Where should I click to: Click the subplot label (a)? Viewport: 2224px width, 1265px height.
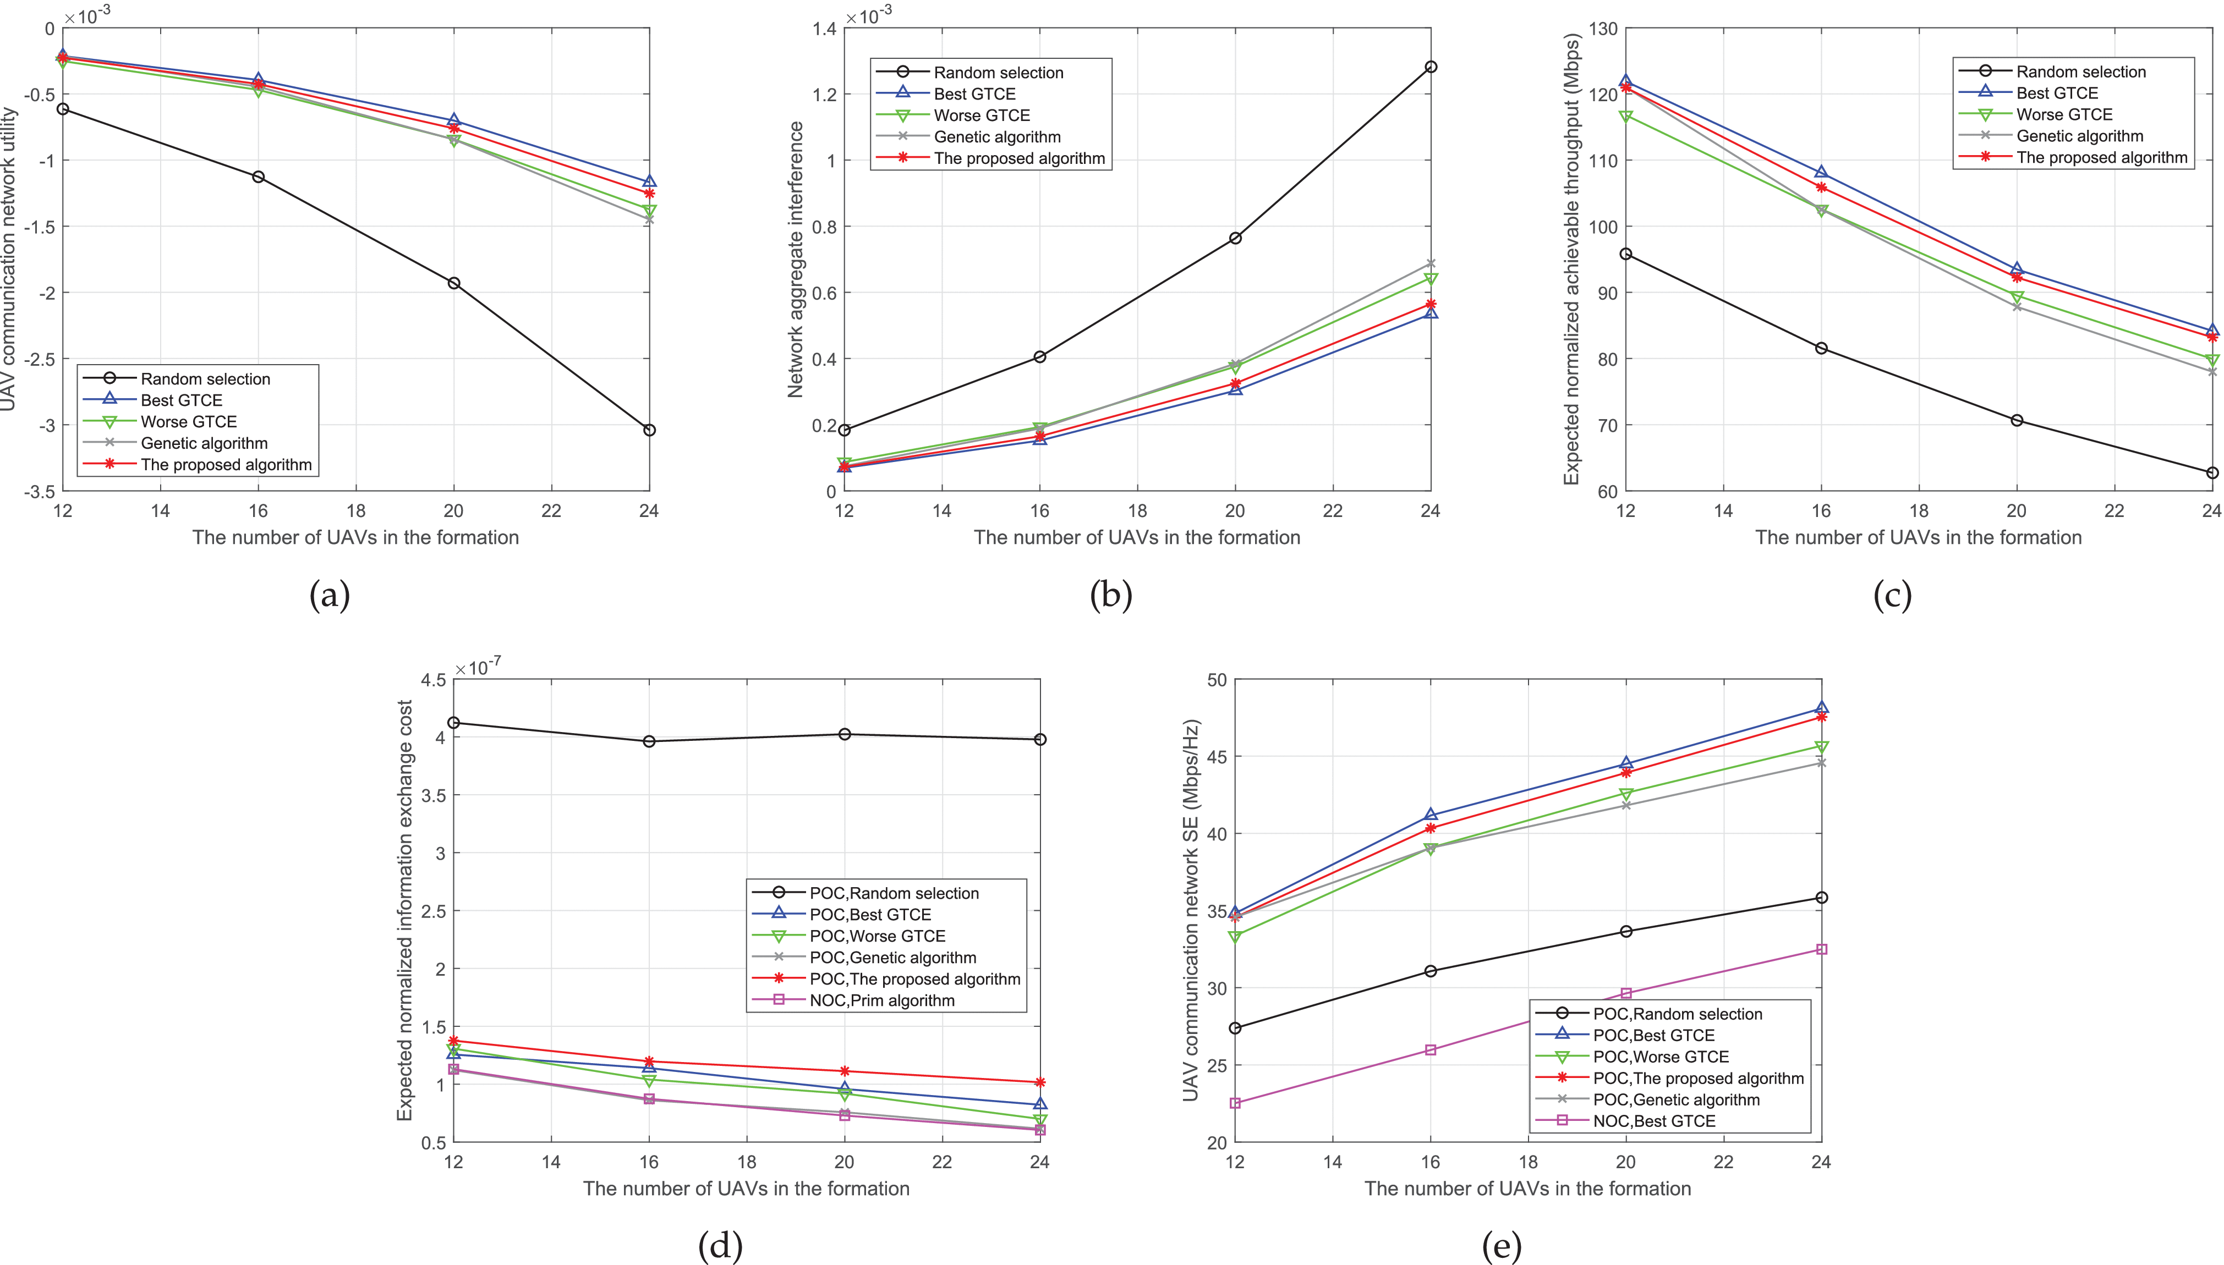point(330,596)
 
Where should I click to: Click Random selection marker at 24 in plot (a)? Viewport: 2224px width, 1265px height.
point(649,430)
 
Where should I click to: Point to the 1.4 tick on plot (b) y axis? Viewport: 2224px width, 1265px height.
point(824,29)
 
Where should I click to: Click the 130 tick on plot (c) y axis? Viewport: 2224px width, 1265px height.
point(1603,29)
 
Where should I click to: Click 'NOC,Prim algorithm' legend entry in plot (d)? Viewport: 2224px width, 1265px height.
point(881,1000)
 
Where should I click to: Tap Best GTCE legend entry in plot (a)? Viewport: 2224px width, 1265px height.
point(181,400)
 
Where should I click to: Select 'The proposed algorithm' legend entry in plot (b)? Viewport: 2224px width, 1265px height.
point(1018,158)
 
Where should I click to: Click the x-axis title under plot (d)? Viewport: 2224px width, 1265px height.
point(746,1189)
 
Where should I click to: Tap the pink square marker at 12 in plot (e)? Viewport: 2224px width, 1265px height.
point(1235,1103)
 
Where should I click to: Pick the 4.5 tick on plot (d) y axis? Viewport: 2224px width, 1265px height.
point(433,679)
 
